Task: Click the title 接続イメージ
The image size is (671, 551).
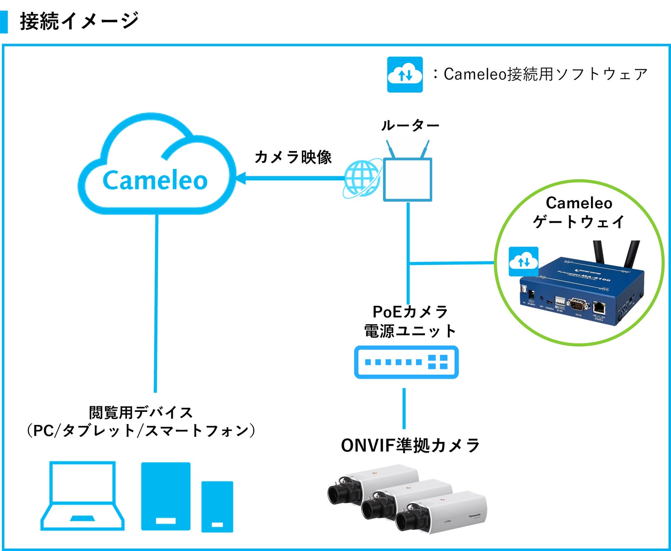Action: coord(79,21)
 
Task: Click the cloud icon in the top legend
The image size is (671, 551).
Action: coord(405,75)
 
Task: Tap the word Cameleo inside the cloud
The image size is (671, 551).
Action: coord(155,180)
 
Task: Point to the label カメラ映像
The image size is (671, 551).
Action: coord(293,157)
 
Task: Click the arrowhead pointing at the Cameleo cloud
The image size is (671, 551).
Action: coord(241,178)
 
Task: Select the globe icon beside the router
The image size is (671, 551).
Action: coord(362,179)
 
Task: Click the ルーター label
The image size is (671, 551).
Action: coord(410,125)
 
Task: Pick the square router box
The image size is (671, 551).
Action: coord(407,180)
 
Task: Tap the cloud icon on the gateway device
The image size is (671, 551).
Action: coord(523,262)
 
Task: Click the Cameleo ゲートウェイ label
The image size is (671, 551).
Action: coord(579,212)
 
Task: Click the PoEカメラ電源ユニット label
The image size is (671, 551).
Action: coord(410,322)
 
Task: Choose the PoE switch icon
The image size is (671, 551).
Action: coord(406,362)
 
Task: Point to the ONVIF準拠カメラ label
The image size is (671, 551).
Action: coord(410,445)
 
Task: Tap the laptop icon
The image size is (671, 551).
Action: coord(82,496)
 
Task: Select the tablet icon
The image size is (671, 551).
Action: coord(166,496)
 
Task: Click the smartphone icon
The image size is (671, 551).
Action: coord(217,507)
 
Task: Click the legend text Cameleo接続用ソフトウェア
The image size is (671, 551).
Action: coord(545,74)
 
